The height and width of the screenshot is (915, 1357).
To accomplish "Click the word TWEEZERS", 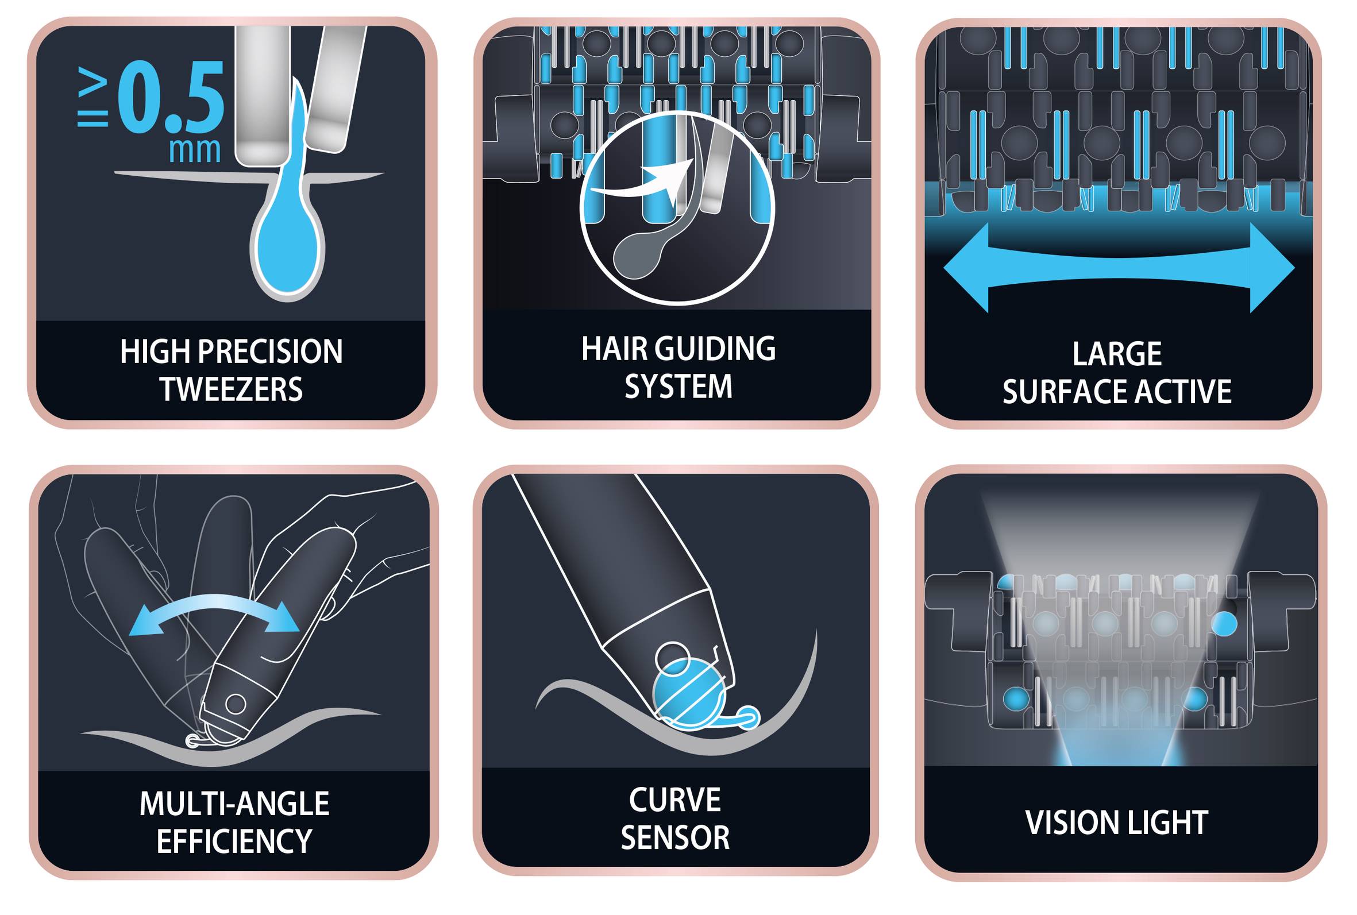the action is (232, 389).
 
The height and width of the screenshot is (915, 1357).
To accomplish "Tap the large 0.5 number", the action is (171, 98).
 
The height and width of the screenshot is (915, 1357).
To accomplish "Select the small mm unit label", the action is (194, 150).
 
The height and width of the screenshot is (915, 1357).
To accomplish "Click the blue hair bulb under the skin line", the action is (287, 245).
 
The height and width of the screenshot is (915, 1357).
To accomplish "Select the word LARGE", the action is (1117, 354).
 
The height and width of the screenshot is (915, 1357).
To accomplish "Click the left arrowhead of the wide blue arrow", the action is (966, 268).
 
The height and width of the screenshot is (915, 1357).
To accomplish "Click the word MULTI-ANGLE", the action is (234, 804).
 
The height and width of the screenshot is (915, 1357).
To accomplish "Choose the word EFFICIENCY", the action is (234, 841).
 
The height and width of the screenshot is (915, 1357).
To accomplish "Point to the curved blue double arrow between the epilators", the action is (214, 612).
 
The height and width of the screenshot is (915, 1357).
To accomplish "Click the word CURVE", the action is (674, 800).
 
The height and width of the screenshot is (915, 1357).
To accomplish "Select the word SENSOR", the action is (675, 838).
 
